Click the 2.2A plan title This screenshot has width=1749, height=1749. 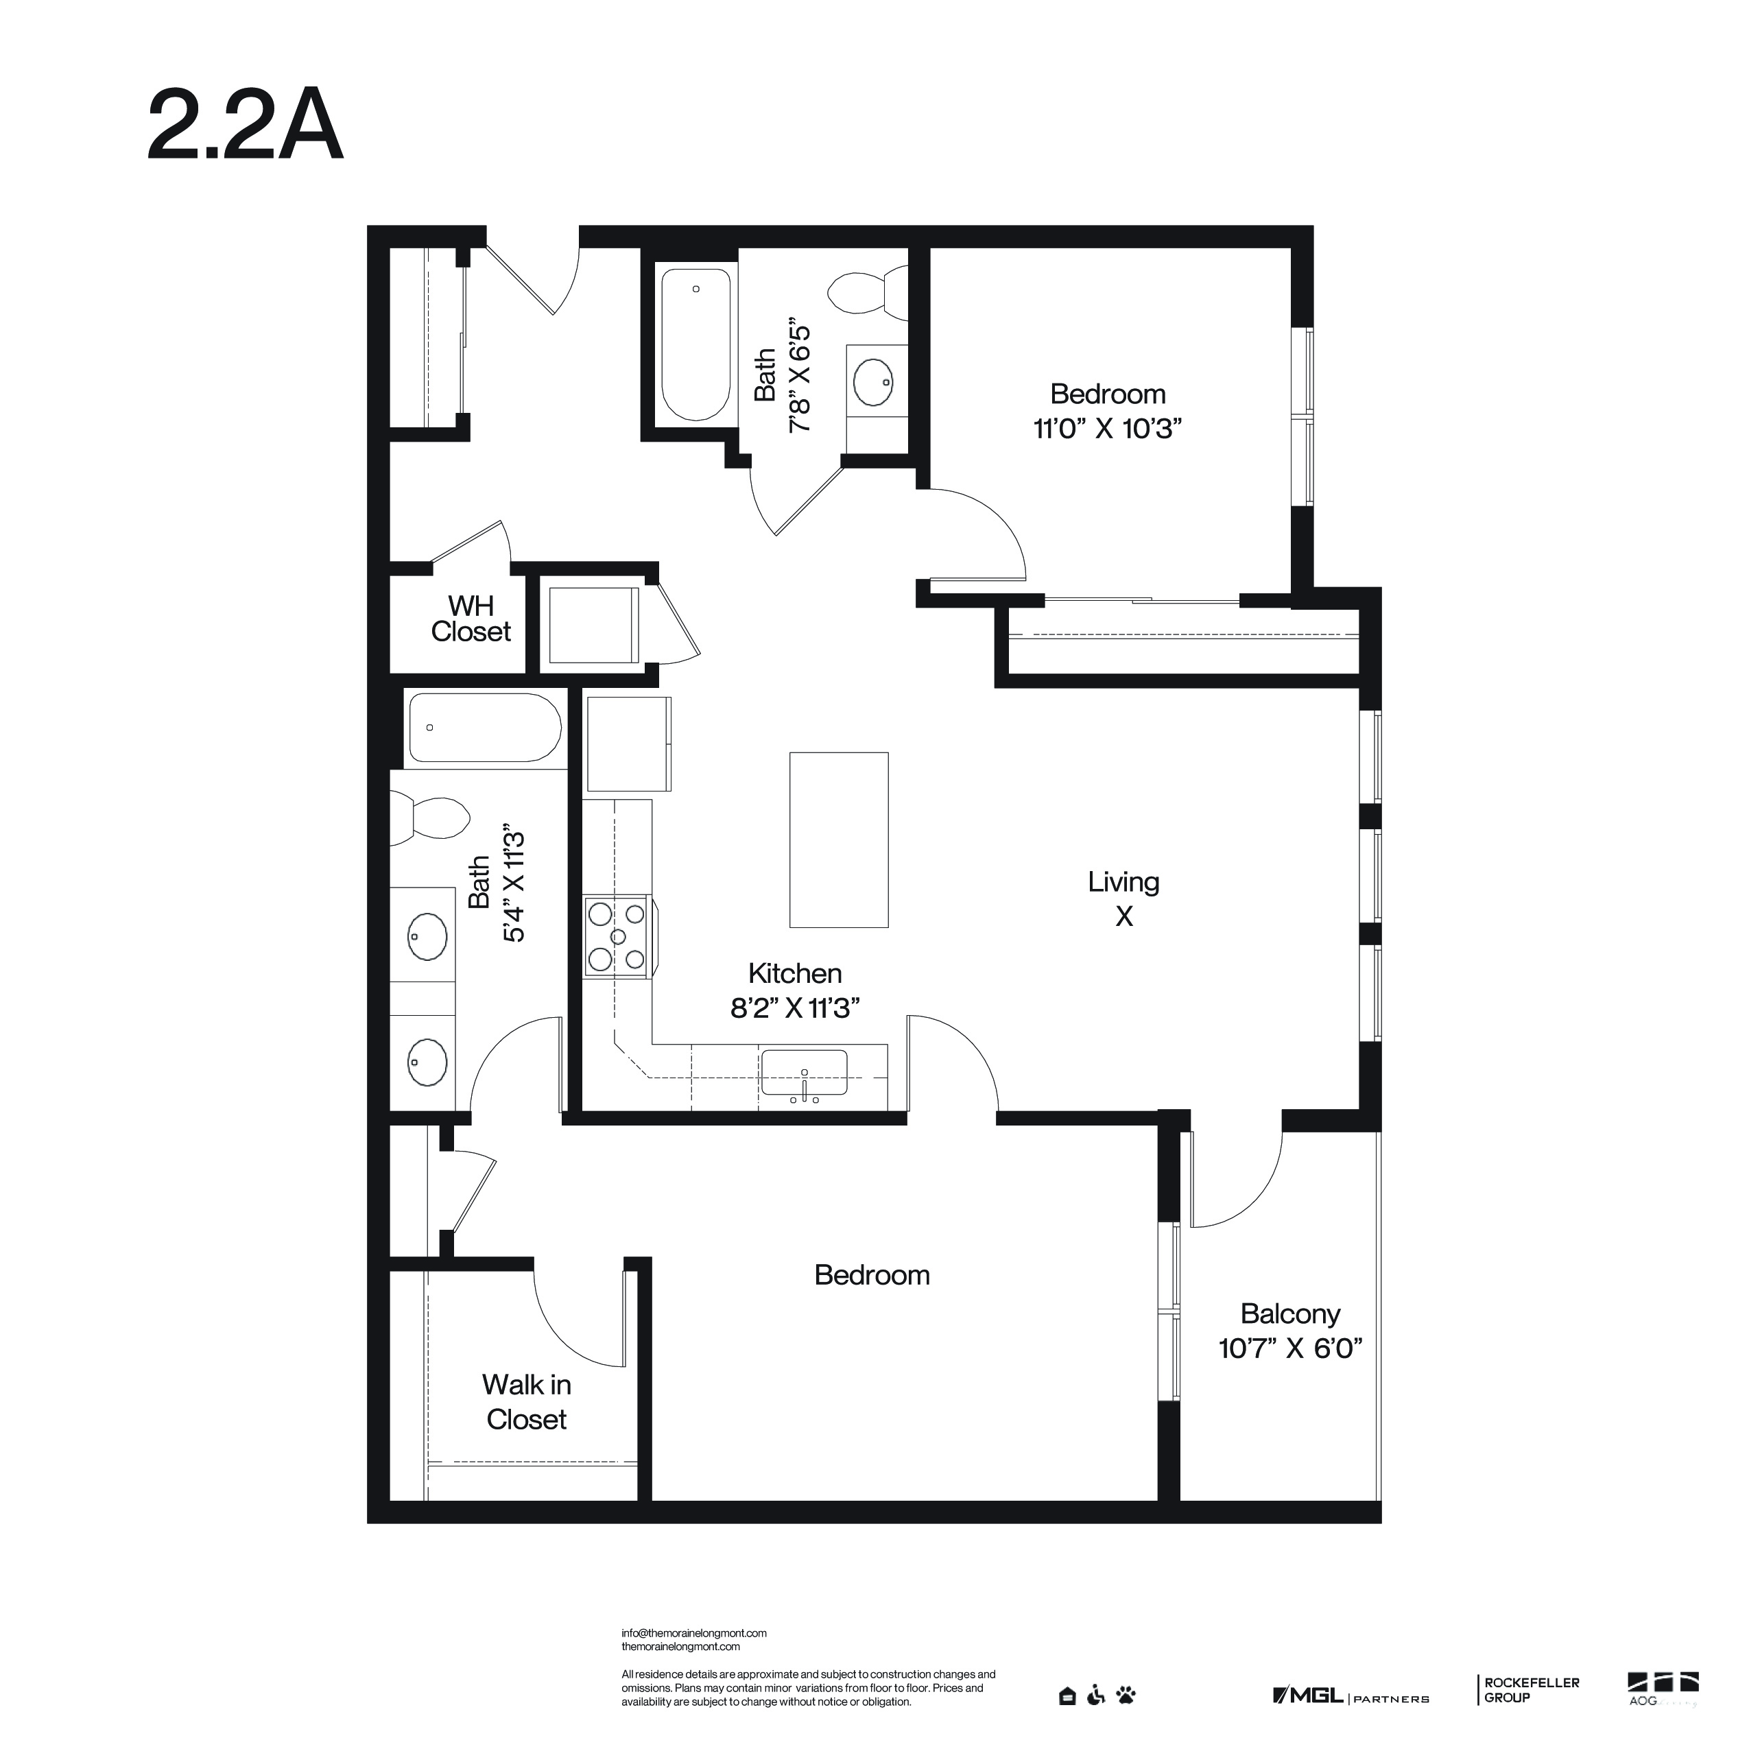(x=246, y=126)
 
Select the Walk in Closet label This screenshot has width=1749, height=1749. (x=526, y=1401)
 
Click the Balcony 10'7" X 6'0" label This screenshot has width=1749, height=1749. (x=1290, y=1331)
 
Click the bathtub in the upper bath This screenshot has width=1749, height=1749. (x=695, y=344)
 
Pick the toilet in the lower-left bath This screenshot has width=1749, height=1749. (x=435, y=817)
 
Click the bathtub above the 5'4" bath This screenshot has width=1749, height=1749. (x=484, y=728)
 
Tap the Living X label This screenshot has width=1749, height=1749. (x=1123, y=898)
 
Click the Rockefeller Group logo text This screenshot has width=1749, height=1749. (x=1532, y=1690)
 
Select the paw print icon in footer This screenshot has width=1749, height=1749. (x=1126, y=1695)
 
